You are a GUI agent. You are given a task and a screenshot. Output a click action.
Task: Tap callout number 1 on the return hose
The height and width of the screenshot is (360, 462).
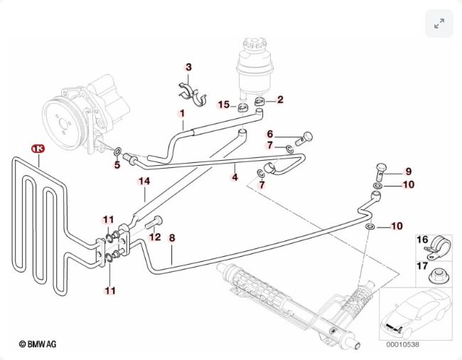tap(181, 113)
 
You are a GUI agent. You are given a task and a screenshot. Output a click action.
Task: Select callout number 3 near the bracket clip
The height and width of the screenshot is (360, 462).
tap(188, 68)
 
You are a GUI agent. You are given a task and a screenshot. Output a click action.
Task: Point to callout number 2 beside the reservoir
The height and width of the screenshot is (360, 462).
tap(280, 100)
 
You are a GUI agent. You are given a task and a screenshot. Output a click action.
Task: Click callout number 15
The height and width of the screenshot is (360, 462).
tap(223, 105)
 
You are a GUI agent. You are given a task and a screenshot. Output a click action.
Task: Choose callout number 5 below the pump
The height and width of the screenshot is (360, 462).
tap(117, 166)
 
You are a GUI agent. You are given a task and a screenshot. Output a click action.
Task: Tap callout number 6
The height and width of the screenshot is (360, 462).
tap(270, 134)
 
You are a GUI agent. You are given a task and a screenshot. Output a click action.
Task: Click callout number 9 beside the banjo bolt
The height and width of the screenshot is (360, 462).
tap(408, 171)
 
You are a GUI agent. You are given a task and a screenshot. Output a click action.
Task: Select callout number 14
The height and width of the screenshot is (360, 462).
tap(144, 181)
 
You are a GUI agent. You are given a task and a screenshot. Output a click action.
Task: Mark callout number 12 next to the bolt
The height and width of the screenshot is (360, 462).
tap(155, 237)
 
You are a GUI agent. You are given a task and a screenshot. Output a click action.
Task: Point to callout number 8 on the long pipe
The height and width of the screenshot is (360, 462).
tap(172, 239)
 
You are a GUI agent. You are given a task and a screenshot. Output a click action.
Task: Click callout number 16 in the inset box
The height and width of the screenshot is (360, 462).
tap(421, 240)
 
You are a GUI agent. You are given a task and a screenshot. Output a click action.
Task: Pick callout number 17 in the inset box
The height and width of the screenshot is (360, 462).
tap(421, 266)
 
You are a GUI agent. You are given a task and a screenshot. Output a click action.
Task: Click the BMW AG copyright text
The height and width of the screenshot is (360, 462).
tap(38, 344)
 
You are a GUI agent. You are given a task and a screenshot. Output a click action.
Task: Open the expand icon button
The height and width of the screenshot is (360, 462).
tap(439, 24)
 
